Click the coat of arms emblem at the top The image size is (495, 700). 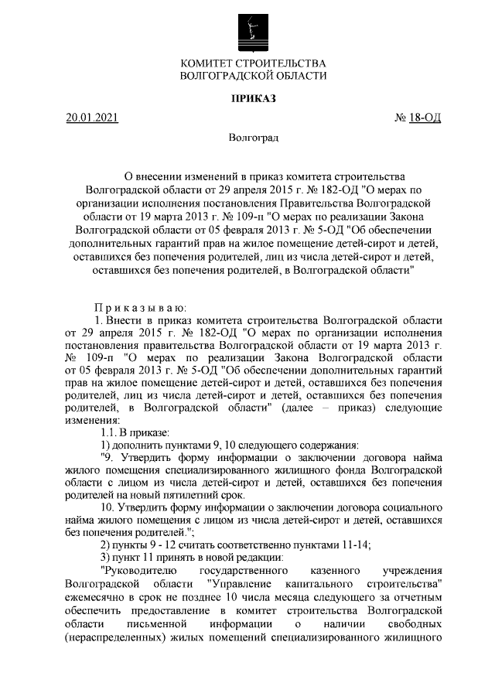(x=253, y=30)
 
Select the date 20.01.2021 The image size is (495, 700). (x=92, y=118)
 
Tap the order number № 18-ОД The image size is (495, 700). (x=418, y=118)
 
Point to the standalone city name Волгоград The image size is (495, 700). (x=253, y=138)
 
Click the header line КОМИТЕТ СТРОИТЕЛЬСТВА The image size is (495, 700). (x=253, y=63)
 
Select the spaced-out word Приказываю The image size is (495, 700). (x=135, y=307)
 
